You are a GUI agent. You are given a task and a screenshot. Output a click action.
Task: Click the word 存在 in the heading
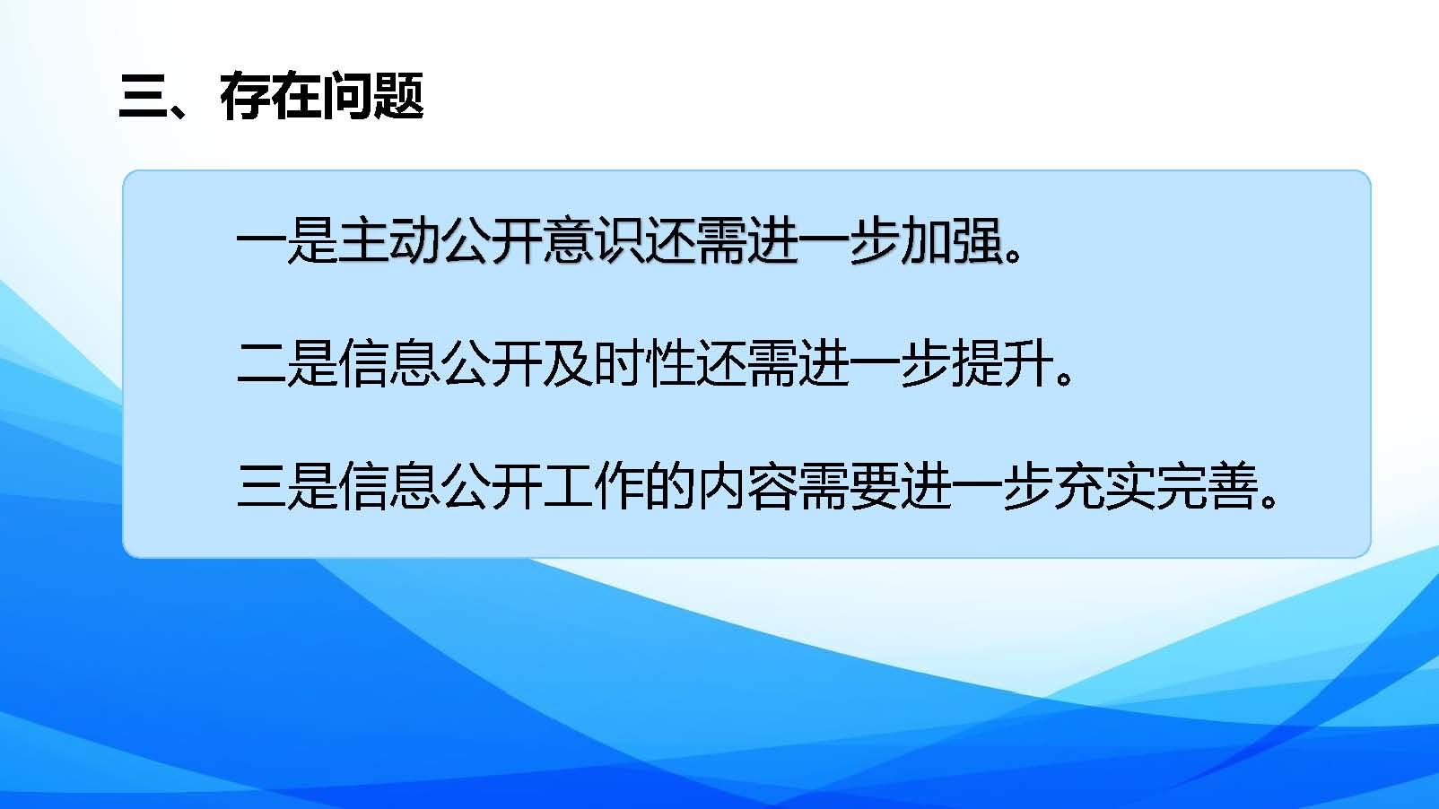(270, 96)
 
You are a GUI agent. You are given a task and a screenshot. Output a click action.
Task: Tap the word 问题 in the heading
(372, 96)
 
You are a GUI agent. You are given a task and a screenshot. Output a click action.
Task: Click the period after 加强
(1013, 255)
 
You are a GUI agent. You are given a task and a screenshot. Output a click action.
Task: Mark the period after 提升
(1065, 377)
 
